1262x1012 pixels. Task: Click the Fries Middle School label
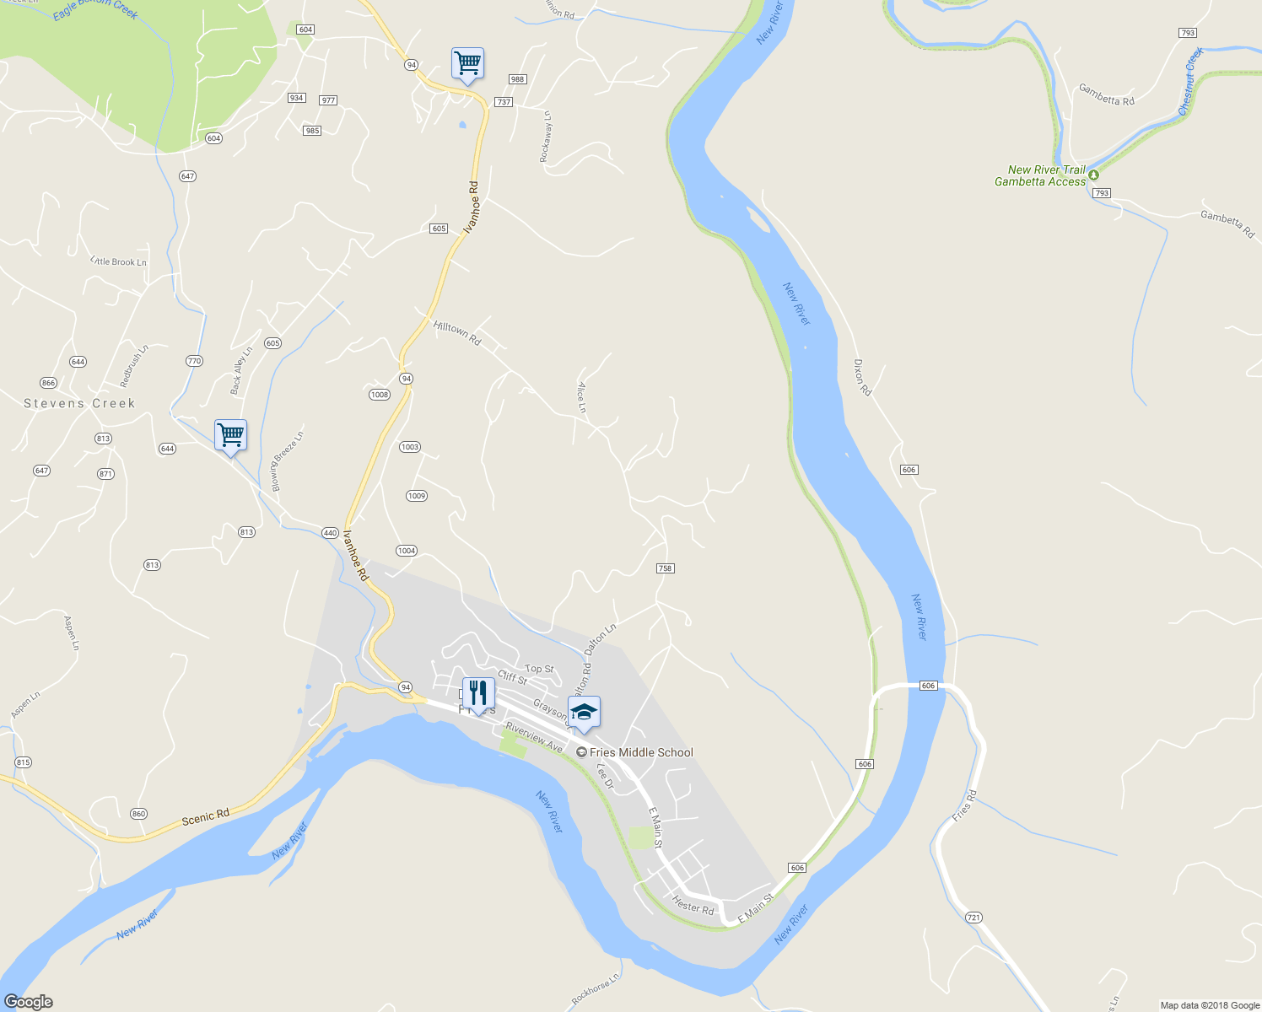click(x=641, y=752)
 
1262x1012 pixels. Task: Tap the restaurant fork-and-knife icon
click(x=478, y=693)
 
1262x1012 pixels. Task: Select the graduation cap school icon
click(x=584, y=713)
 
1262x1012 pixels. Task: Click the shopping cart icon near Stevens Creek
click(x=230, y=436)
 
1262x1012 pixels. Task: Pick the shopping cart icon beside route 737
click(x=467, y=63)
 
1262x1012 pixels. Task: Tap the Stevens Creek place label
click(x=79, y=404)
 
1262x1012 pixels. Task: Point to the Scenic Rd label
click(x=206, y=816)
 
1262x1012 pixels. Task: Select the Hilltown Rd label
click(x=456, y=333)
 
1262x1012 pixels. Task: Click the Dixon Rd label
click(x=861, y=378)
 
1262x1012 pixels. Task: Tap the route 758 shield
click(x=665, y=568)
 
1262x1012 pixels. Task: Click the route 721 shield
click(x=973, y=918)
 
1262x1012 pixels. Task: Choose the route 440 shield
click(x=330, y=533)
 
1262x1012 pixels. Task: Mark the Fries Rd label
click(x=963, y=806)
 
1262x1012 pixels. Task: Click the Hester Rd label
click(x=693, y=905)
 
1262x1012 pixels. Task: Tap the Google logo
click(x=28, y=1002)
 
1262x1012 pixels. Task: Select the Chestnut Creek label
click(x=1190, y=83)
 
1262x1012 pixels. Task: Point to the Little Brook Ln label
click(x=119, y=261)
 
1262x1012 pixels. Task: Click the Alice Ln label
click(x=582, y=397)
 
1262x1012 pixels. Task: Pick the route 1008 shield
click(x=380, y=395)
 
